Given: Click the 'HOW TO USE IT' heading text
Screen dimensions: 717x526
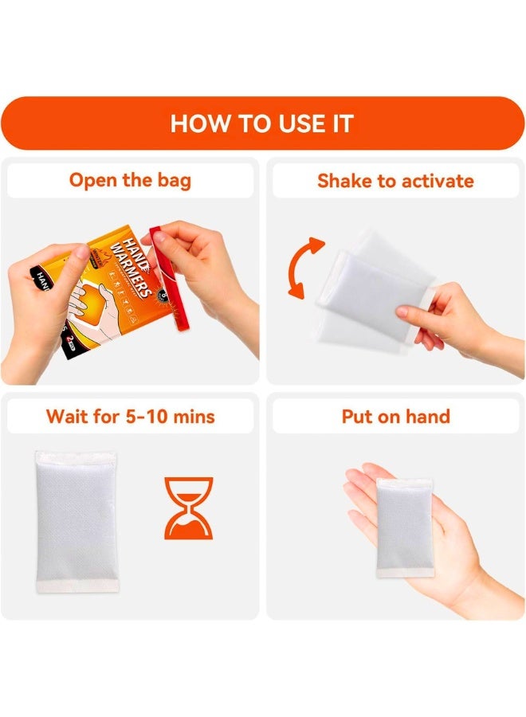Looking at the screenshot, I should [x=262, y=123].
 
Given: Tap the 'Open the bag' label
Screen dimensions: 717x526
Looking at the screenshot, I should [x=130, y=180].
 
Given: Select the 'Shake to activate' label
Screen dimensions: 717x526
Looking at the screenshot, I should [x=395, y=181].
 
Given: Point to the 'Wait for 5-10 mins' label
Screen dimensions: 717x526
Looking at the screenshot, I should [x=130, y=416].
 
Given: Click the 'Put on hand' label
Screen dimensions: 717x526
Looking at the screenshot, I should [x=395, y=416].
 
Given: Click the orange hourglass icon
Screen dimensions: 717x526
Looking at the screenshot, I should [x=189, y=508].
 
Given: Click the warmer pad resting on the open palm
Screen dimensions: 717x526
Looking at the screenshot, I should [x=405, y=527].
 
